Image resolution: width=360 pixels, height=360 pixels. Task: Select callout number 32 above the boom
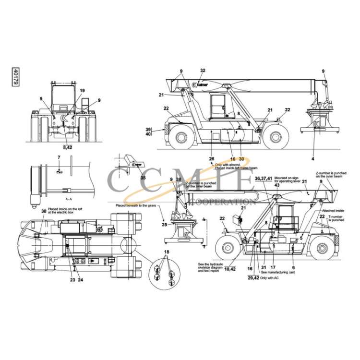tap(203, 71)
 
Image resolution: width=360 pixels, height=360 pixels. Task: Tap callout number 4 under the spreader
tap(313, 158)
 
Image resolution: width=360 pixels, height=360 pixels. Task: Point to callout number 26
tap(211, 158)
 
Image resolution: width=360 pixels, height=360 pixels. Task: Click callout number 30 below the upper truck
tap(241, 158)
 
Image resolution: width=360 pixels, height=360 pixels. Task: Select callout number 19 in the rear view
tap(82, 91)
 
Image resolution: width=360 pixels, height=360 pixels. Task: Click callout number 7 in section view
tap(59, 157)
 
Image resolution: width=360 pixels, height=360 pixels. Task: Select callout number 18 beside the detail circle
tap(167, 252)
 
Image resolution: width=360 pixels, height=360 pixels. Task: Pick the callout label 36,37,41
tap(264, 178)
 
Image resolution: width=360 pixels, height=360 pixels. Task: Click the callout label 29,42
tap(253, 277)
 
